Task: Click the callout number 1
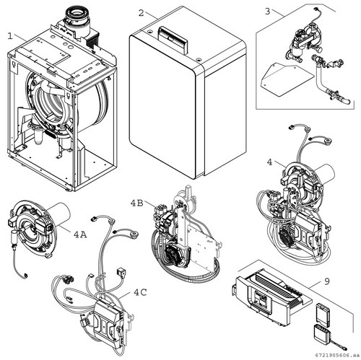click(x=10, y=36)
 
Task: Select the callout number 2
click(x=142, y=13)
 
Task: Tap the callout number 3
click(x=268, y=12)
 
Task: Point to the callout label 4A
click(x=80, y=234)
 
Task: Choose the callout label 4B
click(x=136, y=203)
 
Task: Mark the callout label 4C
click(x=140, y=292)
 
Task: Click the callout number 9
click(x=327, y=281)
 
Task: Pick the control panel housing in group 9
click(x=269, y=297)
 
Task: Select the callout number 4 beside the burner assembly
click(x=270, y=162)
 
